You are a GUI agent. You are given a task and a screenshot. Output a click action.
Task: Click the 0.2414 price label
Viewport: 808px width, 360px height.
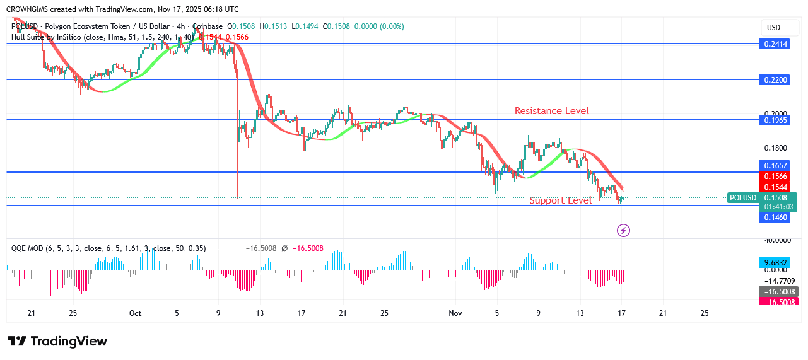[x=776, y=44]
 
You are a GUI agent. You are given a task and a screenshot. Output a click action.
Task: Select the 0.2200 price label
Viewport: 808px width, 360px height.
[x=776, y=80]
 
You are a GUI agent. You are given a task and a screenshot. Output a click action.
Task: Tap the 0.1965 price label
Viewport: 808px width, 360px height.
[x=776, y=120]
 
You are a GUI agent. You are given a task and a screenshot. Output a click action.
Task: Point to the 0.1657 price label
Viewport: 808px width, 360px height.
[x=776, y=165]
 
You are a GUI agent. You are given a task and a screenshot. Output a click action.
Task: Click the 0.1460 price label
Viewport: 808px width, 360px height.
[x=776, y=217]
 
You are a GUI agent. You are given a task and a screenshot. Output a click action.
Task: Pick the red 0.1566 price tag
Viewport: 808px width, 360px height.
[x=776, y=177]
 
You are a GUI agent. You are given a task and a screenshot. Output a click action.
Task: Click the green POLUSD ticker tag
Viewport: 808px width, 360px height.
[x=742, y=198]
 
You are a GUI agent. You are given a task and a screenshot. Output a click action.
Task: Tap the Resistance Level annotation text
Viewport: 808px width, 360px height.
[x=551, y=111]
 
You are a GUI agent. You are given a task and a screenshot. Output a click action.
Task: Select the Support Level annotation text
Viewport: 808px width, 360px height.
[x=560, y=200]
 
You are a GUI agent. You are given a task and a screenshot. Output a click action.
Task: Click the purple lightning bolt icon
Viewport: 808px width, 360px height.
[x=623, y=230]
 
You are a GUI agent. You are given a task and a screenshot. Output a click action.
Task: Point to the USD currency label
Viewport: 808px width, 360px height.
[x=773, y=28]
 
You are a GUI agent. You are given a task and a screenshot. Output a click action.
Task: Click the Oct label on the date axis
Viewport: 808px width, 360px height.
[x=135, y=313]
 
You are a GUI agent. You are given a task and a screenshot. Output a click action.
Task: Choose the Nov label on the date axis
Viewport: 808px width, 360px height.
[x=455, y=313]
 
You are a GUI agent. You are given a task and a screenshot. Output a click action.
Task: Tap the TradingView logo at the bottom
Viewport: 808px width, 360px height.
[x=57, y=341]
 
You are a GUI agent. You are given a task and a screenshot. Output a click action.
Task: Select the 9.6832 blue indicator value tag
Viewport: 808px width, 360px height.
[x=776, y=262]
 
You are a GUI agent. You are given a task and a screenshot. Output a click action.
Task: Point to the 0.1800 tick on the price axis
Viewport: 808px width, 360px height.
[x=776, y=148]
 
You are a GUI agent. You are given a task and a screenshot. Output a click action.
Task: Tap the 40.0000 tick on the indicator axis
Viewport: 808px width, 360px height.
[x=776, y=240]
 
